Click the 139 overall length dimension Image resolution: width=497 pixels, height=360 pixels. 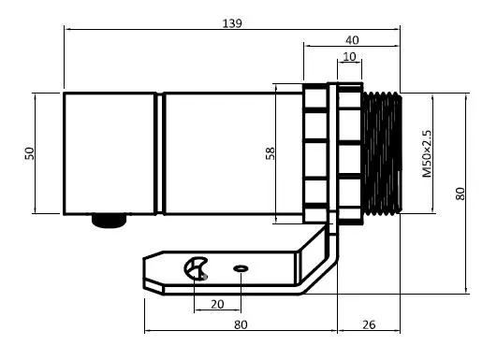click(232, 23)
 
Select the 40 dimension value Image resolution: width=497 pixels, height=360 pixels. click(352, 40)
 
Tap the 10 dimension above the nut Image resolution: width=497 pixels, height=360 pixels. click(349, 57)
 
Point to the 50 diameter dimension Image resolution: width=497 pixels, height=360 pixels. click(29, 153)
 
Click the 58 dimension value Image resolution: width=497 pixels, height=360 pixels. click(270, 153)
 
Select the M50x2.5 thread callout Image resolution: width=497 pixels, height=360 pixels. click(427, 153)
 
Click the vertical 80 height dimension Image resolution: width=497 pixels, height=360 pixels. click(460, 194)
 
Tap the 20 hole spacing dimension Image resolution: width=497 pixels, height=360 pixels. click(217, 304)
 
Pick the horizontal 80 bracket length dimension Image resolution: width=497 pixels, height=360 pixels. click(241, 324)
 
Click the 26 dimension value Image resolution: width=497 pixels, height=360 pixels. click(369, 324)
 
